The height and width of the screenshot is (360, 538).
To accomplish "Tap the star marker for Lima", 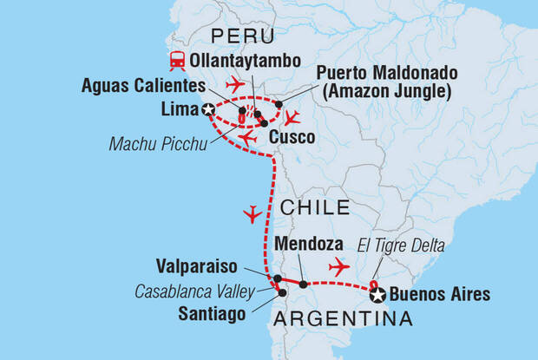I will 207,110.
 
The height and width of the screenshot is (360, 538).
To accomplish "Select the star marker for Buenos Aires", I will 378,295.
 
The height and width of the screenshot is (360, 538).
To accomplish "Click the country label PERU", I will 242,36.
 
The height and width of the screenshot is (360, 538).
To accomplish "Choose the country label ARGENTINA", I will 343,321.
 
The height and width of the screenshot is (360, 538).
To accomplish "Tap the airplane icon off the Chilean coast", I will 253,213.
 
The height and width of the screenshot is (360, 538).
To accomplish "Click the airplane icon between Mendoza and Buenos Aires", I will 338,265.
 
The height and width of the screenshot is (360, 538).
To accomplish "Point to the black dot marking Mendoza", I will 303,284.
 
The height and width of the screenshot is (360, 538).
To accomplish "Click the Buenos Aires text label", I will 441,295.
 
